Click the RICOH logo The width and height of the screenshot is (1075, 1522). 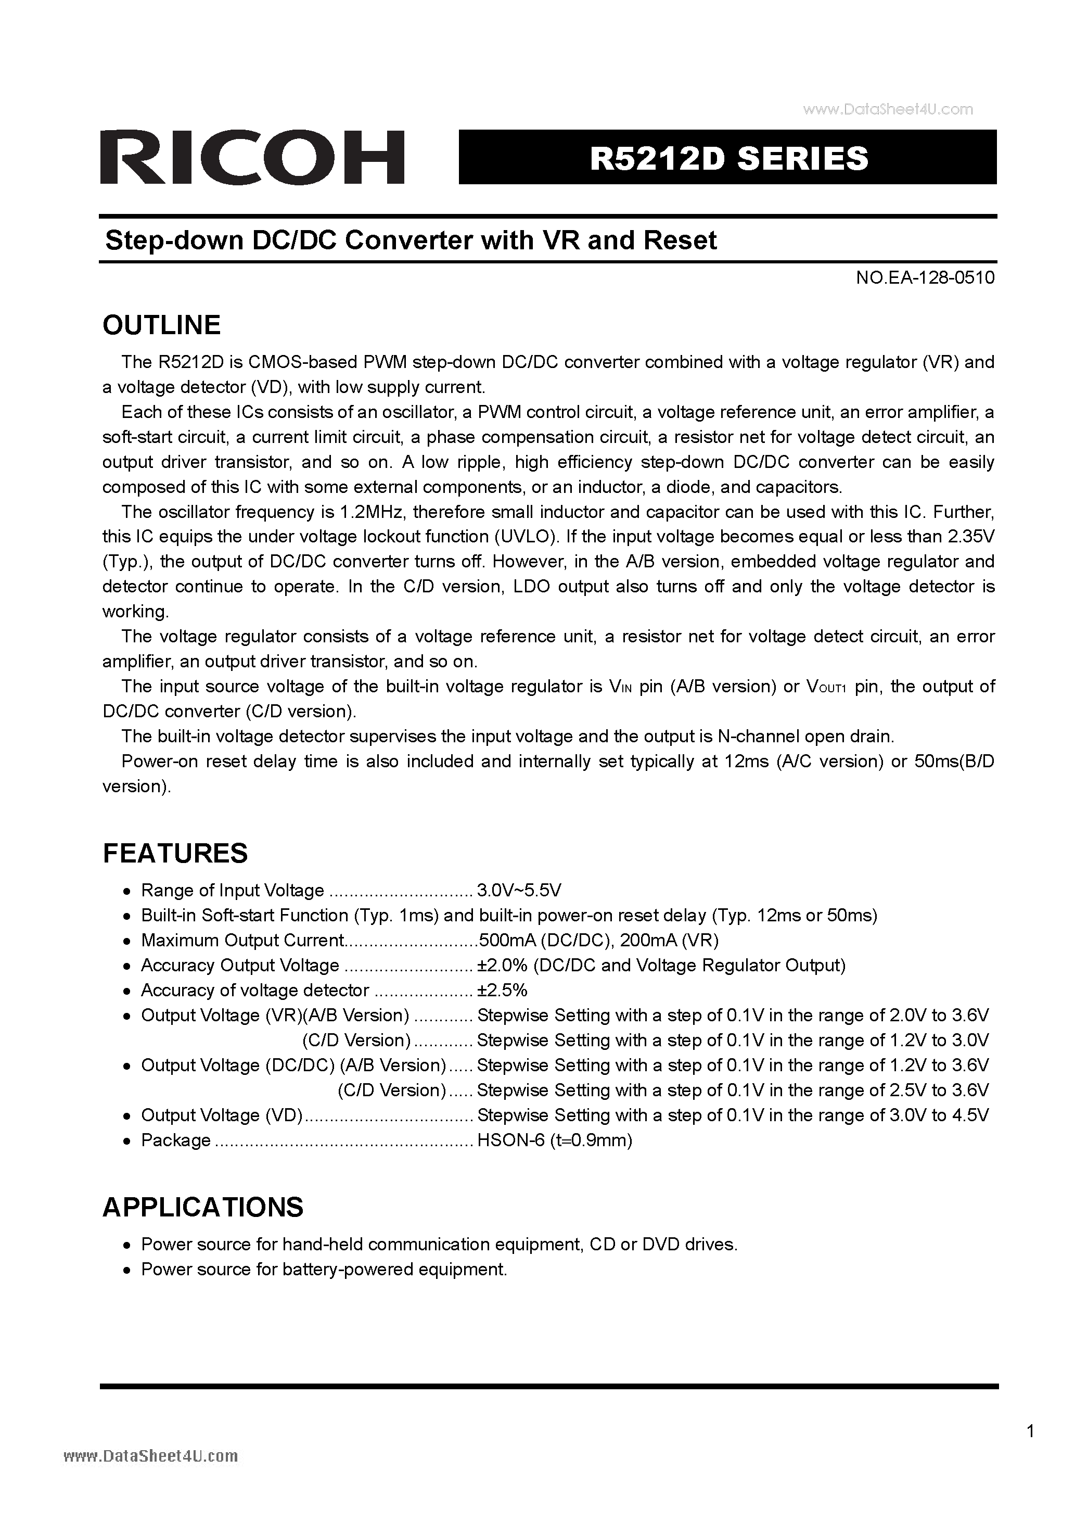tap(252, 157)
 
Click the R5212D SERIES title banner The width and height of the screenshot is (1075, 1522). tap(728, 158)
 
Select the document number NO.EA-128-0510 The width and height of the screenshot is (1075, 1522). tap(925, 278)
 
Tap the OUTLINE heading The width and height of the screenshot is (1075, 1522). tap(161, 325)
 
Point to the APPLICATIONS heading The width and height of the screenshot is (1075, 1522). tap(203, 1207)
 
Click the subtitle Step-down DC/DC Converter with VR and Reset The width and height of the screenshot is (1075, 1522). tap(411, 240)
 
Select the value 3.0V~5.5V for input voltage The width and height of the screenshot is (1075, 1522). tap(519, 890)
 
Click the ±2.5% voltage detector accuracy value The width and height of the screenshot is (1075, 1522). tap(502, 991)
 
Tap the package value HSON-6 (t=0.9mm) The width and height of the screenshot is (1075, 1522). tap(554, 1140)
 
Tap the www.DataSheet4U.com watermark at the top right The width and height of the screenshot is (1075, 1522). tap(888, 109)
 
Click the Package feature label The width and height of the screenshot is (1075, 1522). tap(176, 1140)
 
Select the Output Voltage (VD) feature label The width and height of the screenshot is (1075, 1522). tap(221, 1115)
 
